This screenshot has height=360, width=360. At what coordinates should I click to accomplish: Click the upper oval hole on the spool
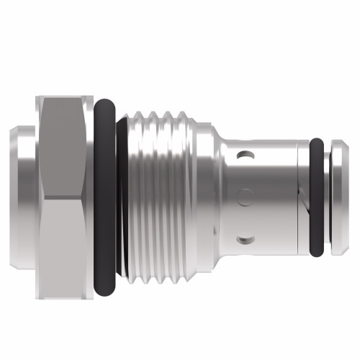[246, 154]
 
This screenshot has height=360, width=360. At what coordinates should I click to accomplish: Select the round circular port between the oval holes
[246, 194]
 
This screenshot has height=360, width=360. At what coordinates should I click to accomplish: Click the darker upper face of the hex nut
[65, 144]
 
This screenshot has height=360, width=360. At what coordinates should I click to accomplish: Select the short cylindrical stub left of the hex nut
[23, 194]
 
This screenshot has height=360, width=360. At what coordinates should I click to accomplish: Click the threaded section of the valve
[162, 194]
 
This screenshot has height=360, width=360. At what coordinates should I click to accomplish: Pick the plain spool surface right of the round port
[274, 194]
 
